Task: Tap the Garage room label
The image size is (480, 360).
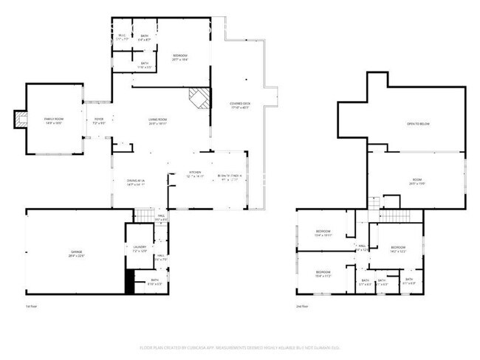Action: tap(77, 254)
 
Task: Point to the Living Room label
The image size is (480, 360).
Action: tap(157, 121)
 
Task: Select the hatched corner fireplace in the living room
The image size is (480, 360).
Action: tap(198, 97)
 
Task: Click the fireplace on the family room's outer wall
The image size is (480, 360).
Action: tap(20, 120)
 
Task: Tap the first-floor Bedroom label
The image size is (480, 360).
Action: tap(179, 57)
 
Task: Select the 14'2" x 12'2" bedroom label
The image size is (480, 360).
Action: tap(398, 249)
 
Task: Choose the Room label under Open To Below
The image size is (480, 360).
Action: tap(416, 181)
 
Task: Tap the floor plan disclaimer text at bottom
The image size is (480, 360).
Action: tap(239, 347)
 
